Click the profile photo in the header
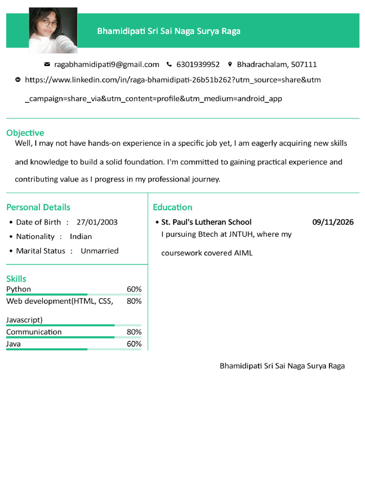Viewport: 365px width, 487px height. click(53, 29)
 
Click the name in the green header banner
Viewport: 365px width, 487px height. click(169, 31)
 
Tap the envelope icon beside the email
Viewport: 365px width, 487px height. click(47, 64)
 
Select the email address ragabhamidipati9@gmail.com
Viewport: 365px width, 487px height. click(106, 64)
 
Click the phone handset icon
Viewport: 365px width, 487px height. click(169, 64)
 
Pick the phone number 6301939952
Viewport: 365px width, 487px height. click(198, 64)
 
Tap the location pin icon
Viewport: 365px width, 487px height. click(230, 64)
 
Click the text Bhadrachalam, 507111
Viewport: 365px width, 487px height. click(277, 64)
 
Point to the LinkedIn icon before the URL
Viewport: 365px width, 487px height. click(18, 79)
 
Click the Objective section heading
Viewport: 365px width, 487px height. click(25, 133)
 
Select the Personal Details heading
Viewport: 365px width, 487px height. click(38, 207)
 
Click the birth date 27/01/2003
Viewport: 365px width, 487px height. click(97, 222)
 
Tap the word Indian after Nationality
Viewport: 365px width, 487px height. click(81, 236)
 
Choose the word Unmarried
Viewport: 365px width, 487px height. click(99, 251)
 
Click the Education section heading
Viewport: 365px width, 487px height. click(173, 207)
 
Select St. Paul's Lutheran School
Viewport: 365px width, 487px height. click(206, 222)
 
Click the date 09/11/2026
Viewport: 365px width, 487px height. click(333, 222)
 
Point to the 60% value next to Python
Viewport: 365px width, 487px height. click(134, 289)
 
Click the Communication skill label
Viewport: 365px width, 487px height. click(34, 332)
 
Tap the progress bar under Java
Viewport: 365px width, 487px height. click(74, 349)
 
